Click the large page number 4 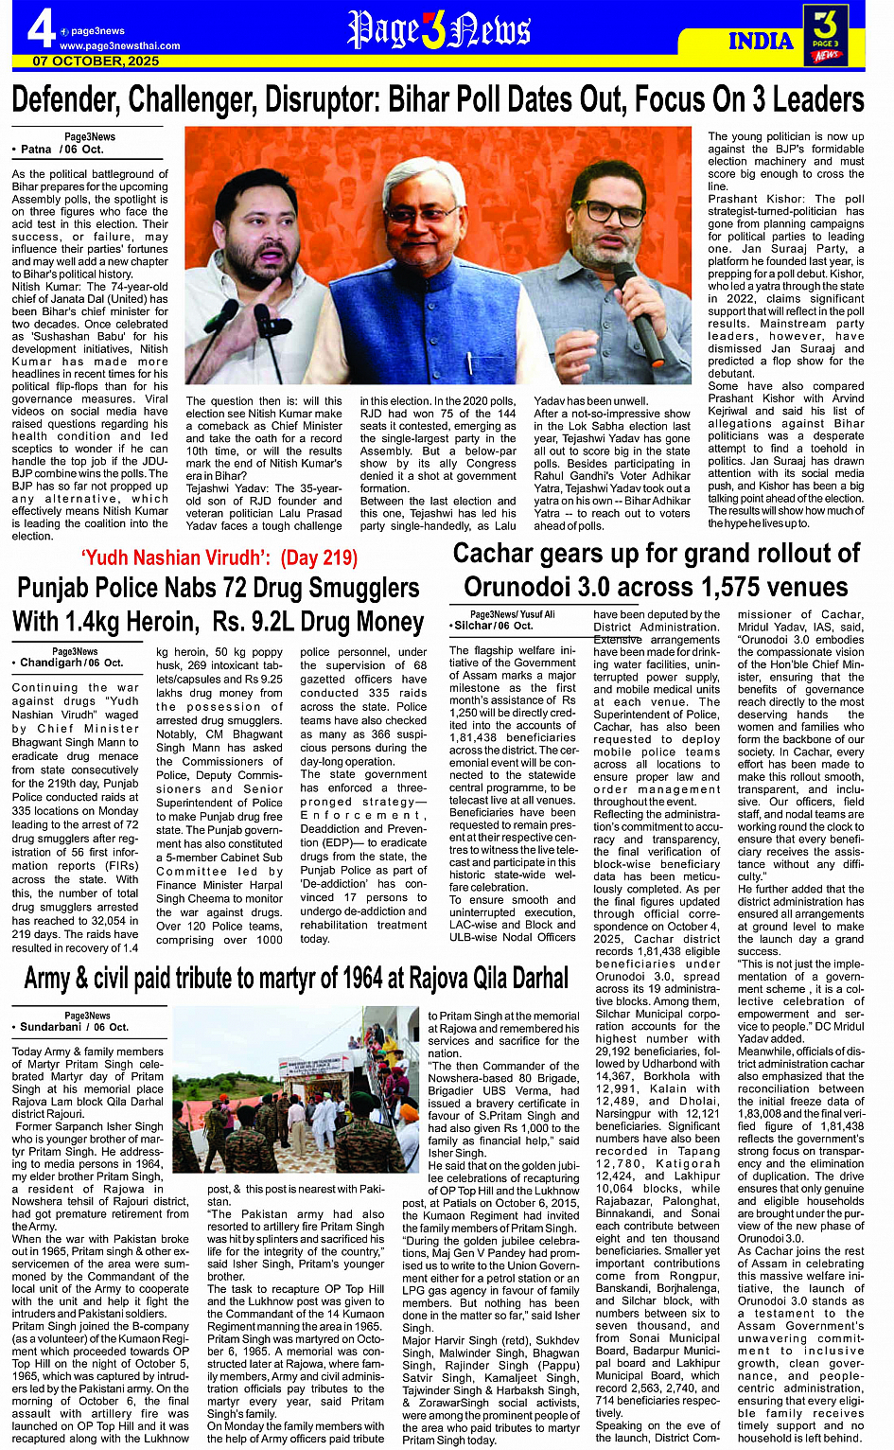pyautogui.click(x=40, y=28)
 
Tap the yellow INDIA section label pyautogui.click(x=760, y=41)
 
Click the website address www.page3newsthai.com pyautogui.click(x=119, y=45)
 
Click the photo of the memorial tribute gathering pyautogui.click(x=307, y=1105)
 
